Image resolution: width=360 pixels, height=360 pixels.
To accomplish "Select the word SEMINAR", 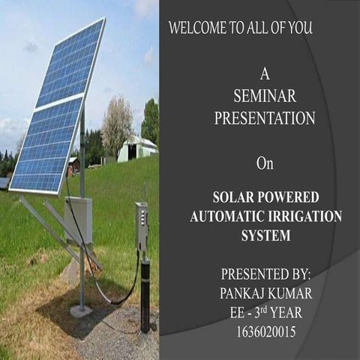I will (x=265, y=96).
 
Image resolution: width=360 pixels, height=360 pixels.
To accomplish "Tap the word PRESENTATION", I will (x=265, y=118).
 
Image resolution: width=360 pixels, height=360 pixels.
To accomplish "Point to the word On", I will (x=264, y=163).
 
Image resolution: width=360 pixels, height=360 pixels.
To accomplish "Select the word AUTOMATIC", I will (x=226, y=217).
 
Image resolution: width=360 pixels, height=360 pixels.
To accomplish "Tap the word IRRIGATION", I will (x=303, y=217).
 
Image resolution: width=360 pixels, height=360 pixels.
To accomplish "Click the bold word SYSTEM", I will (x=265, y=235).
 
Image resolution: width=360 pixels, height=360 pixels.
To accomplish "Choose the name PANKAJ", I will (x=243, y=292).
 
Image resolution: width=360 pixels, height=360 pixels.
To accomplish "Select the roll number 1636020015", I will (x=265, y=329).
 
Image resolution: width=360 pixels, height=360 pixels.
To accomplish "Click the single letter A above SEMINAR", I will (x=264, y=74).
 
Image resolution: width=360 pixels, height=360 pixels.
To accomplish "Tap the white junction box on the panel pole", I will (x=79, y=219).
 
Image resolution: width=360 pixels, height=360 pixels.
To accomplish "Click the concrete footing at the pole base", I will (x=80, y=310).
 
